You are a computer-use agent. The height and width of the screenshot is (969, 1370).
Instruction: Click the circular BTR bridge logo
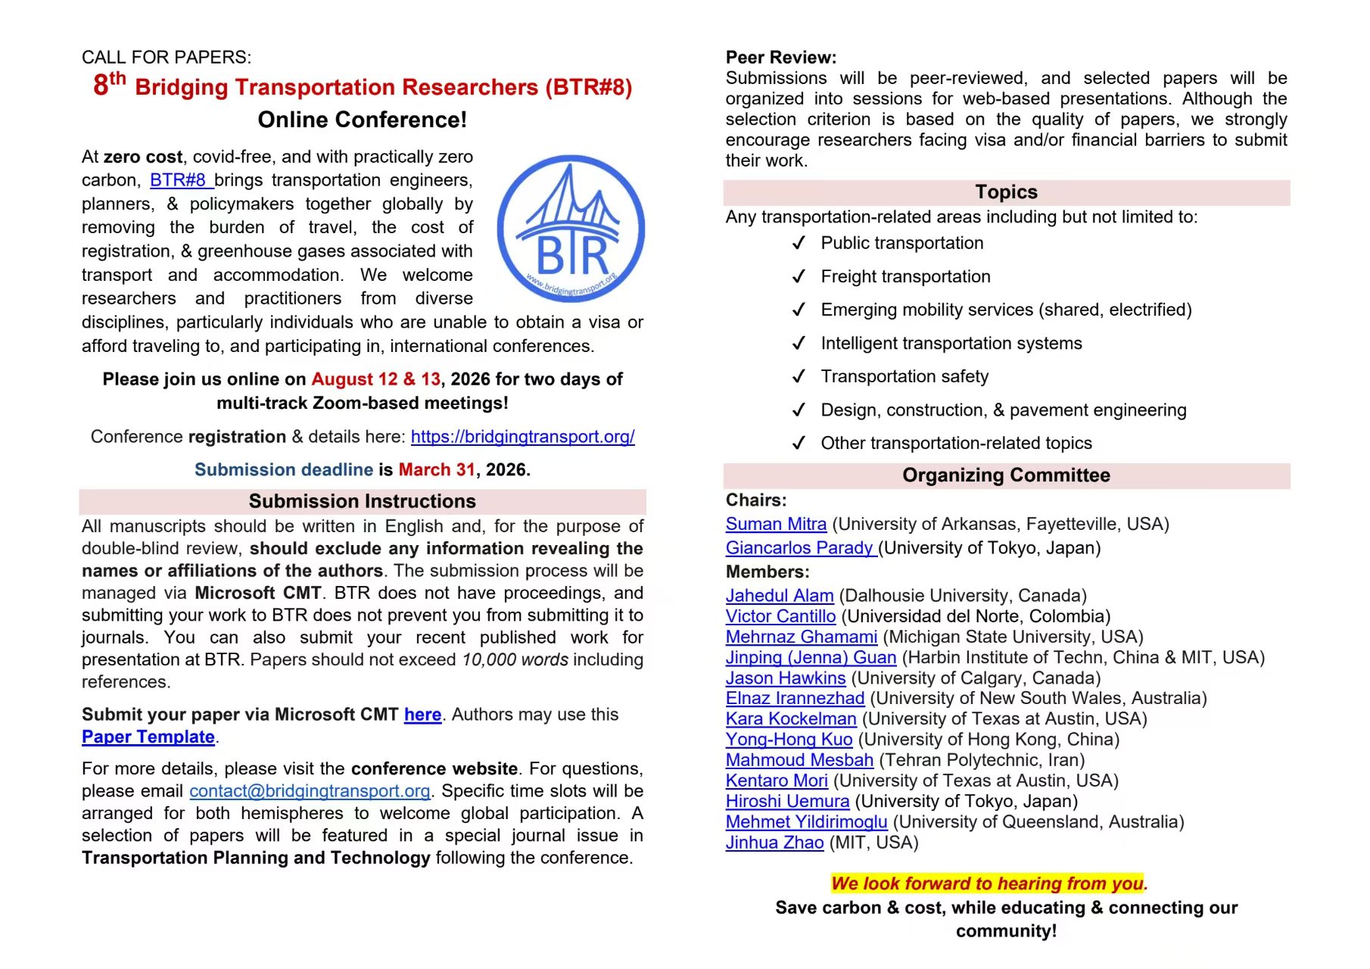[571, 229]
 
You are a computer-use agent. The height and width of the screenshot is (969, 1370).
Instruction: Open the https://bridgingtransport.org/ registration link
[522, 437]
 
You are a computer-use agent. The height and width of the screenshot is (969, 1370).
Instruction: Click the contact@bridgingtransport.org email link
[310, 791]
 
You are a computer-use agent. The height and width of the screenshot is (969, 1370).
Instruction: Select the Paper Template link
[148, 737]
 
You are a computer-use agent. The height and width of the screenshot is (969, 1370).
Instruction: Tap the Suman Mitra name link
[776, 524]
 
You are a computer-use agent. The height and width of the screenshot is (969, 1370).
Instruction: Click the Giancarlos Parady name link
[799, 548]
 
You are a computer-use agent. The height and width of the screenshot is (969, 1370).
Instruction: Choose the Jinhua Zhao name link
[774, 843]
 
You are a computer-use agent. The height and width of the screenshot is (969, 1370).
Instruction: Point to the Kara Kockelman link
[791, 719]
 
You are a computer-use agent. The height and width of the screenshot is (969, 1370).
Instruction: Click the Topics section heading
[1006, 192]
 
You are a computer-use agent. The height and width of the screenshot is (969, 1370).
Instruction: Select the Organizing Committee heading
[1006, 475]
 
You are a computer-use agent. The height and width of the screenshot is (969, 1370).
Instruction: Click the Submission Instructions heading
[362, 501]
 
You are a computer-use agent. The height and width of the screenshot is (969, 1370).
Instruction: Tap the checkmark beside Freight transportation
[799, 277]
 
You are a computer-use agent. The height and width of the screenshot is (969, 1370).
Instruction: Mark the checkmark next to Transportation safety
[799, 377]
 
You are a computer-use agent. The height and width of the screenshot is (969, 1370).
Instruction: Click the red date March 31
[437, 470]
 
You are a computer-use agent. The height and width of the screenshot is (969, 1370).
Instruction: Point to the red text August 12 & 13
[375, 379]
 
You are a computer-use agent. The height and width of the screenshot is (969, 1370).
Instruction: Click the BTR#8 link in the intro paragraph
[178, 180]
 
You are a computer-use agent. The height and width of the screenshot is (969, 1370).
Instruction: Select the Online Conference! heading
[362, 120]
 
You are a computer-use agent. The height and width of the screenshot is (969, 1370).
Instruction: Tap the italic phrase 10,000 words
[515, 660]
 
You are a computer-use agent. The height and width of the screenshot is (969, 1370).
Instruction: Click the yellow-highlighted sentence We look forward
[989, 883]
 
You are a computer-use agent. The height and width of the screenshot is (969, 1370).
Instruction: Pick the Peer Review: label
[780, 58]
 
